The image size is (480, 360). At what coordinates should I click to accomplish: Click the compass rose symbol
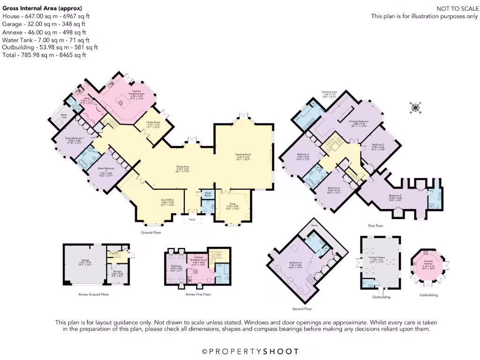click(415, 108)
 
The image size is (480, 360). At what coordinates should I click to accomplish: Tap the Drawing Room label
click(243, 156)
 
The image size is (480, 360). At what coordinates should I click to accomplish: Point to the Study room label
click(233, 208)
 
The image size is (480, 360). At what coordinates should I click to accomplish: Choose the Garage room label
click(85, 261)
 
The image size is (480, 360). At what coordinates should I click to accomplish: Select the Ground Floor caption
click(151, 232)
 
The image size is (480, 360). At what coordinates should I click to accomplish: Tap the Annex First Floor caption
click(198, 294)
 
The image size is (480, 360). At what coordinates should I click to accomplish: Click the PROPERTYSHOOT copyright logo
click(250, 351)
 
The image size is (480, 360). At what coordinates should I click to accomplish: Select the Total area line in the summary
click(45, 55)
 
